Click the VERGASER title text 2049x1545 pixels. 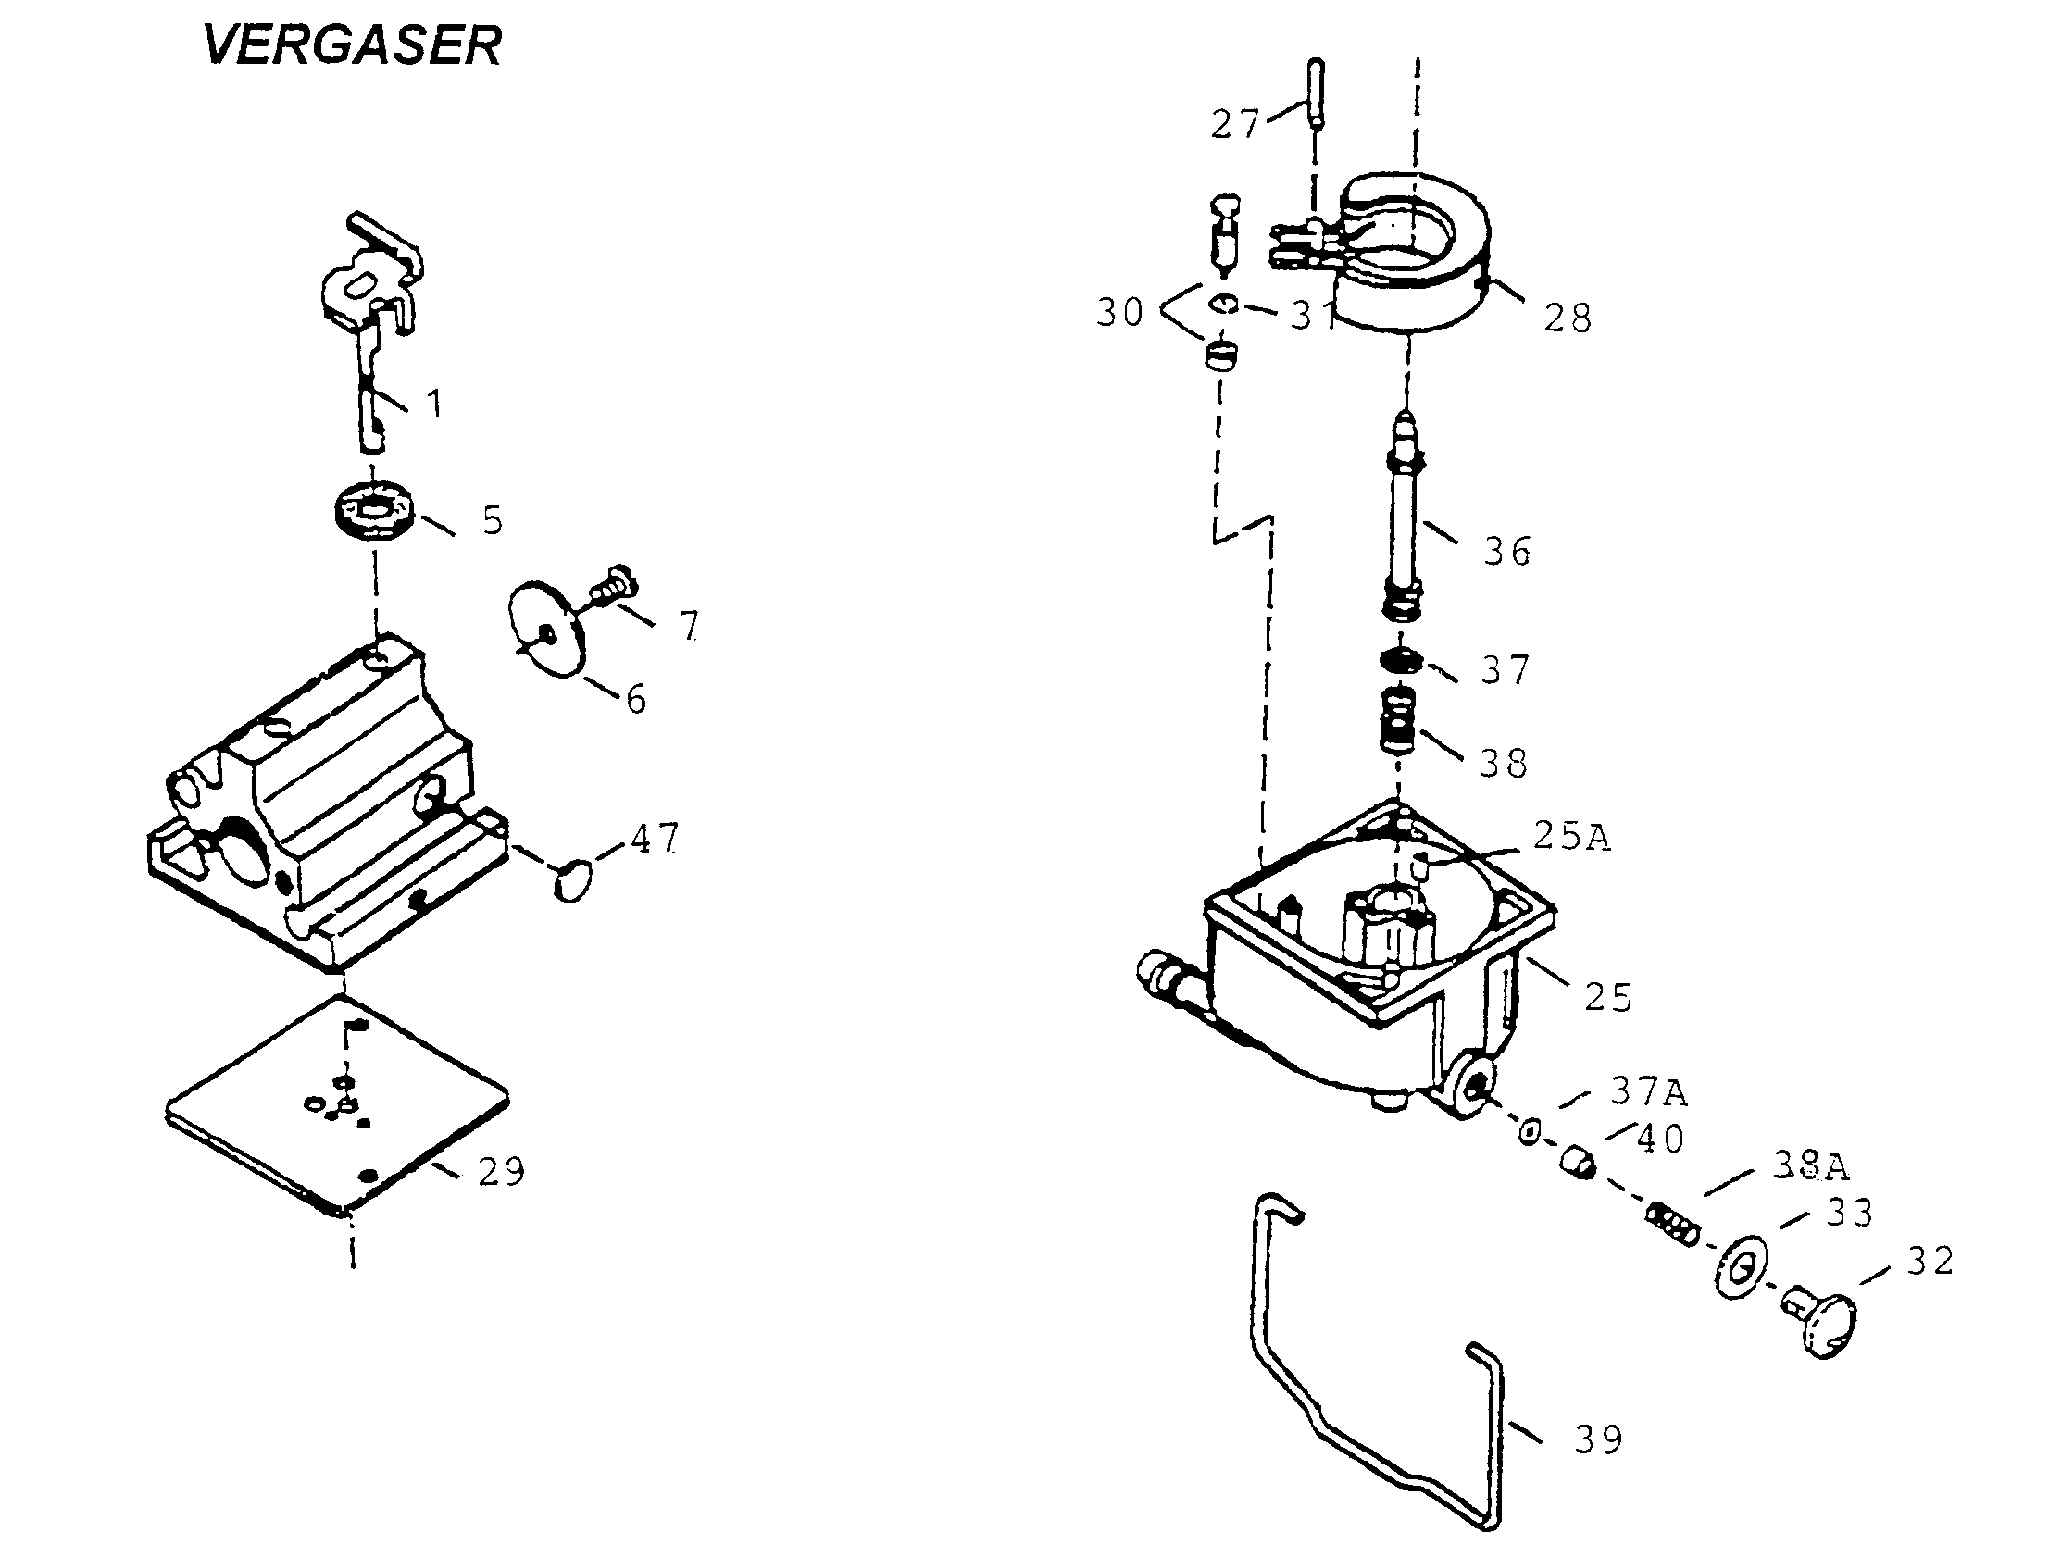tap(352, 44)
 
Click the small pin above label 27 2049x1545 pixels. tap(1317, 93)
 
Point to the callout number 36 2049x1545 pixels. tap(1507, 552)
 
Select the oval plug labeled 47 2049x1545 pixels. tap(573, 878)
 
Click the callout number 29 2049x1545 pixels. tap(502, 1173)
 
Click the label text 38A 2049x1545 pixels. tap(1810, 1166)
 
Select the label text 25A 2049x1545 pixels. tap(1571, 837)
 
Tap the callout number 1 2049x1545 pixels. tap(433, 404)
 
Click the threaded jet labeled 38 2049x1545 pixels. tap(1399, 720)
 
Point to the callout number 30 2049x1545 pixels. tap(1120, 313)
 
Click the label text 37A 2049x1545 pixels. tap(1648, 1092)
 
